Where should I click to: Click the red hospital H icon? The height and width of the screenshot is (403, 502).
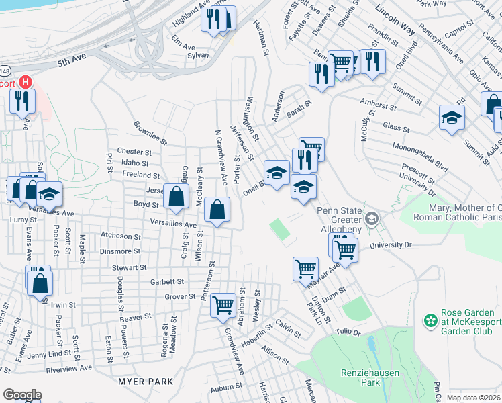26,83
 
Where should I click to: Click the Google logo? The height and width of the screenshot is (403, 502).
21,395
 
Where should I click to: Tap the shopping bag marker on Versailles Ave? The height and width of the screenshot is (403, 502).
217,210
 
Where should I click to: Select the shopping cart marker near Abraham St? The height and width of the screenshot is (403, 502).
222,306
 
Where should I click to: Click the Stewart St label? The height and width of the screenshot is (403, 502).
130,267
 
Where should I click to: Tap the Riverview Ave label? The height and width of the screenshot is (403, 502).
68,369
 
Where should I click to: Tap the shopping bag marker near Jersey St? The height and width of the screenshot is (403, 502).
175,197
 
